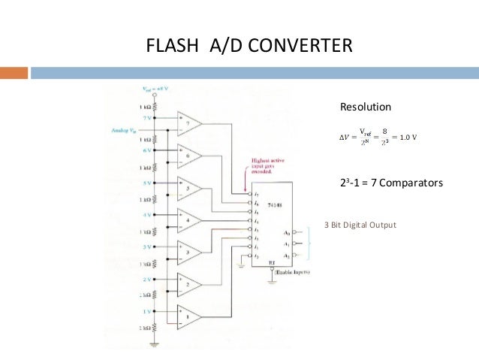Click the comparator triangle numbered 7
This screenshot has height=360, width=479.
pos(188,123)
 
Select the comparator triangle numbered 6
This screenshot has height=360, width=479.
pos(188,156)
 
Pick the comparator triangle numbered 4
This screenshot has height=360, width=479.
pos(188,220)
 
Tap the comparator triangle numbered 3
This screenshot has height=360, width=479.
pos(188,253)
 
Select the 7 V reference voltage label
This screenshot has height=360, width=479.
pos(149,118)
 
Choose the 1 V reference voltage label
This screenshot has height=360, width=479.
pos(149,310)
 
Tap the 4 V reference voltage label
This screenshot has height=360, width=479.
pos(149,215)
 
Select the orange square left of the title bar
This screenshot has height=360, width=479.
pos(14,74)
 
